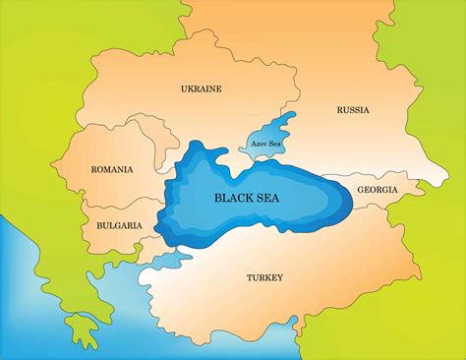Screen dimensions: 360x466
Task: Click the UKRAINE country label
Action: coord(201,89)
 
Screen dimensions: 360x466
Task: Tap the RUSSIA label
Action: coord(352,110)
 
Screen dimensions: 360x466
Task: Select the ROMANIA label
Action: coord(111,169)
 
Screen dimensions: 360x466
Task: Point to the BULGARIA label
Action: coord(118,225)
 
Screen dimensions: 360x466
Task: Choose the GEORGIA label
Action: coord(378,189)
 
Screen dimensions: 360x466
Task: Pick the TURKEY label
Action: coord(263,277)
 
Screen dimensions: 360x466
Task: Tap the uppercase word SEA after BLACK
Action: coord(276,197)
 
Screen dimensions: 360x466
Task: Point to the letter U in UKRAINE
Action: coord(184,89)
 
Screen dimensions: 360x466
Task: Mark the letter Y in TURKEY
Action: coord(280,277)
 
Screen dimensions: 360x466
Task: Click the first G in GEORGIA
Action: coord(360,189)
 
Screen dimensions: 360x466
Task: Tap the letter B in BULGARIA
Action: coord(98,225)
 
